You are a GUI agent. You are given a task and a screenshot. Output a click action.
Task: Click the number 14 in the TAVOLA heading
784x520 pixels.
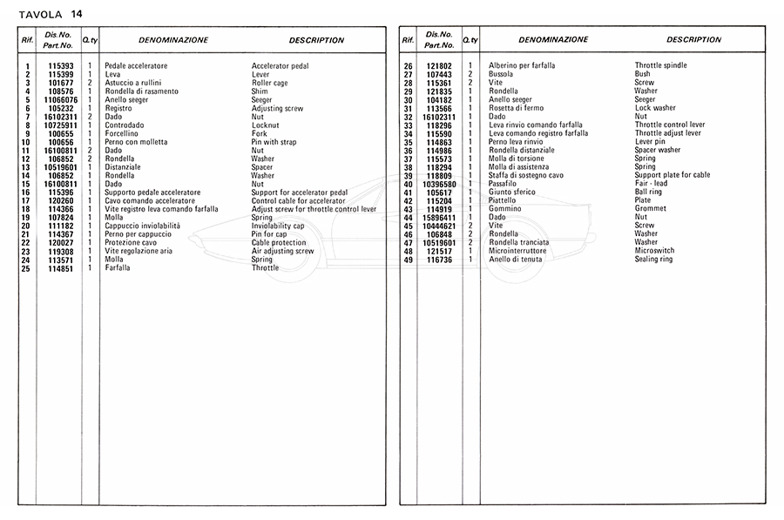(x=77, y=11)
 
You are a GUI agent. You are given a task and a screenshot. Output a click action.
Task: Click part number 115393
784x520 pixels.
(x=60, y=66)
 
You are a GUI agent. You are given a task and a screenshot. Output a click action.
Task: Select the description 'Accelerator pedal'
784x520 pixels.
(x=280, y=66)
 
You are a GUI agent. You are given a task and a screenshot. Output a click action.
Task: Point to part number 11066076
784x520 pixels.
(x=60, y=100)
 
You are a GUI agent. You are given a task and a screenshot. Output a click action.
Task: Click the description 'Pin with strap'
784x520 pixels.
(x=274, y=142)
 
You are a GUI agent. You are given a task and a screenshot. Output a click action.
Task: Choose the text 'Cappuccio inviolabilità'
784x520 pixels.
(x=142, y=226)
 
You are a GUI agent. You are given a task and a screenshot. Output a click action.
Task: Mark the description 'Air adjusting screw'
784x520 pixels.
(x=282, y=251)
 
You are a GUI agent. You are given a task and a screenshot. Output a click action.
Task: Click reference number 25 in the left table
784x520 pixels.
(x=27, y=267)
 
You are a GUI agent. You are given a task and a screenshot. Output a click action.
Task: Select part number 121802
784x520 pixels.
(x=439, y=66)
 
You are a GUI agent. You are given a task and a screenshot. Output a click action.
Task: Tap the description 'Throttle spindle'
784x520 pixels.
(x=660, y=66)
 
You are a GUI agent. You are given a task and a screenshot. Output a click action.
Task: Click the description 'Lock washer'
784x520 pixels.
(x=654, y=108)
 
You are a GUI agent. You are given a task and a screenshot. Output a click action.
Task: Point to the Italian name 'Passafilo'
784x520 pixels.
(x=504, y=184)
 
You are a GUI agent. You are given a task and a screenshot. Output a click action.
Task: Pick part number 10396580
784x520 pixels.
(x=439, y=184)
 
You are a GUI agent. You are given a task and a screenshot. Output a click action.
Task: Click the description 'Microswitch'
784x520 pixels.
(x=654, y=251)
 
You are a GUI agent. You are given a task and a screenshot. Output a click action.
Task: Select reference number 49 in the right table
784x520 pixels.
(x=408, y=260)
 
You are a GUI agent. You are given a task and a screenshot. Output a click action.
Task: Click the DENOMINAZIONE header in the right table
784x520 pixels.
(x=552, y=40)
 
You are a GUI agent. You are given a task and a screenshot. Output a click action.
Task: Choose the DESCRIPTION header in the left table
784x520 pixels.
(x=316, y=40)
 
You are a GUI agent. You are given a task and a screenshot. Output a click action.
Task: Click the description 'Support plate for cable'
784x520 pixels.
(x=672, y=175)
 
